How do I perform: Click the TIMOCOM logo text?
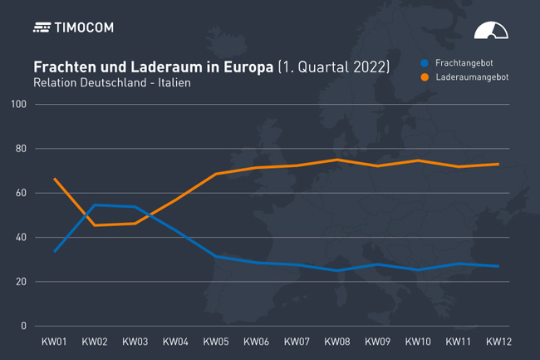coord(84,27)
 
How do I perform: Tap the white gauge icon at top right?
coord(490,31)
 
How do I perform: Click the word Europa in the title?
coord(247,67)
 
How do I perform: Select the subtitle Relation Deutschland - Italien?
coord(106,83)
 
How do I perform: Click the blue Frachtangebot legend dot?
coord(425,62)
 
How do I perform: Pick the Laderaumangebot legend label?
coord(473,76)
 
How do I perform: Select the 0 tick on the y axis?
coord(25,326)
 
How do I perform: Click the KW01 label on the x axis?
coord(55,342)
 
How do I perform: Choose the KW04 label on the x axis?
coord(175,342)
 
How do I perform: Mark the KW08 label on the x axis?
coord(336,342)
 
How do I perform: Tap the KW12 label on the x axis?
coord(498,342)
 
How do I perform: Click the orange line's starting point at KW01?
coord(55,179)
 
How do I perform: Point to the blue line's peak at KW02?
coord(95,205)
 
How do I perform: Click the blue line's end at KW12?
coord(498,266)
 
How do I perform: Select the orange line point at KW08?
coord(336,160)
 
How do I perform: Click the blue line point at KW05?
coord(216,256)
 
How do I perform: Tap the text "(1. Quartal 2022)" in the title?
coord(333,67)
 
